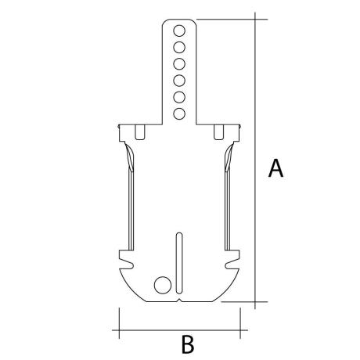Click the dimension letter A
pyautogui.click(x=275, y=168)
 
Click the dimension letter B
pyautogui.click(x=188, y=344)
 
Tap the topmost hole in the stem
pyautogui.click(x=179, y=31)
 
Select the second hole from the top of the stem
pyautogui.click(x=179, y=48)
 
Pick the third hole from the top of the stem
pyautogui.click(x=179, y=64)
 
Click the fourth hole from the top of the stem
pyautogui.click(x=179, y=81)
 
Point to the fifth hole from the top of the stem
pyautogui.click(x=179, y=97)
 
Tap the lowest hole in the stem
pyautogui.click(x=179, y=113)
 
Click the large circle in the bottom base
pyautogui.click(x=163, y=285)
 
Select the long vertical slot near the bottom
pyautogui.click(x=179, y=263)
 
